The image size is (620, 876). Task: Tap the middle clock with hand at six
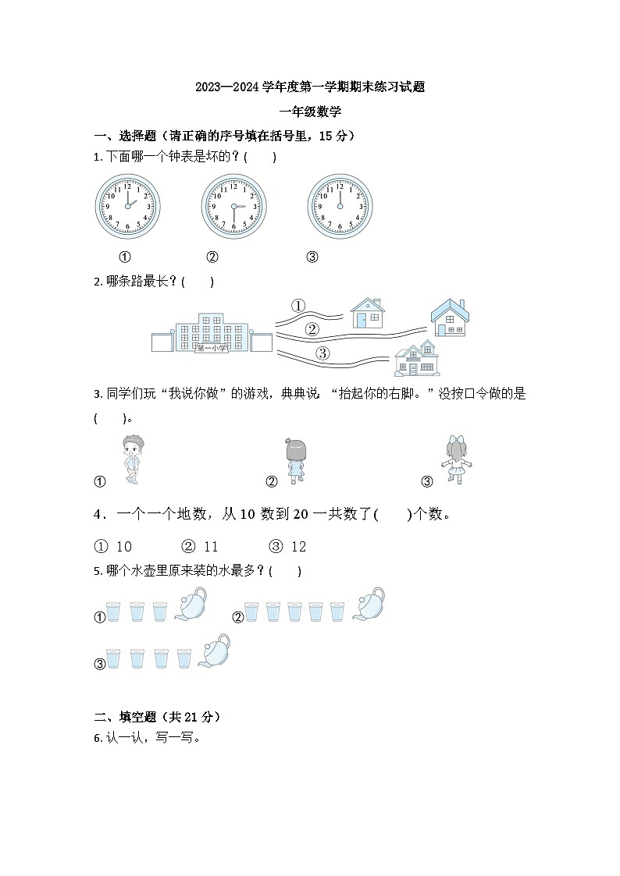[233, 207]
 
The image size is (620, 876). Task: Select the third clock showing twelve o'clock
[340, 207]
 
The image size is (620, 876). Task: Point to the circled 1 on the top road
[298, 305]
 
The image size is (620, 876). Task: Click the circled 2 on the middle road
[312, 329]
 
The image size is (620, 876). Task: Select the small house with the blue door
[366, 313]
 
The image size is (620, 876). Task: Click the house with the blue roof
[450, 317]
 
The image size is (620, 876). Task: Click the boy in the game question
[134, 461]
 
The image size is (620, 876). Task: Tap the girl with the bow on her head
[454, 460]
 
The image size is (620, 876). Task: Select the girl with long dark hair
[295, 461]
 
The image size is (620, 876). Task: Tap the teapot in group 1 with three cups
[191, 605]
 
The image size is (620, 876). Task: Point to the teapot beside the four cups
[215, 651]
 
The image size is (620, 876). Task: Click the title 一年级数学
[310, 112]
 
